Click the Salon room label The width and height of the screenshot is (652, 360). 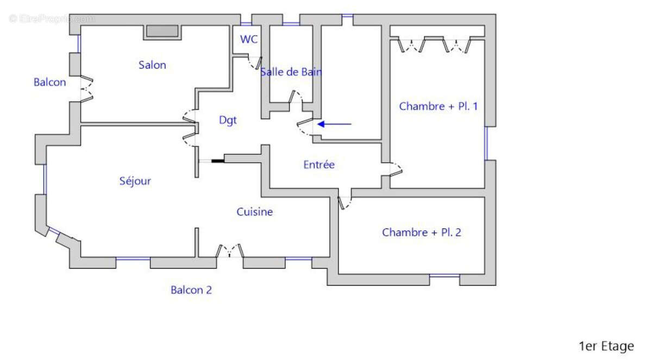pos(152,65)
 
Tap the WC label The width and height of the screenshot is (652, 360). pos(249,40)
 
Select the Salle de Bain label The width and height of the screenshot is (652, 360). pos(291,72)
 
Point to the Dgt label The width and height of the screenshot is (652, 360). pos(228,121)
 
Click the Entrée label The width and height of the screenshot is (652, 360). pos(319,165)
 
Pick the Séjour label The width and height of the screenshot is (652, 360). pos(135,181)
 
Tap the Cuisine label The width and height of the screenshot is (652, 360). pos(254,212)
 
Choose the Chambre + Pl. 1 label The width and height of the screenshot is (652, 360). pos(438,106)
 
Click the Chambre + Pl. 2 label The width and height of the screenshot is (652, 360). pos(422,232)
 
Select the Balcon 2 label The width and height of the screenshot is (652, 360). pos(191,290)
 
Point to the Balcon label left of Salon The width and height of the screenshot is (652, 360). pos(50,83)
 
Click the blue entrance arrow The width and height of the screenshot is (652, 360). pos(334,124)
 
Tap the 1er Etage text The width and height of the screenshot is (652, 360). pos(606,346)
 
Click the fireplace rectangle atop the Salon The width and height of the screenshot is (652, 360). pos(162,31)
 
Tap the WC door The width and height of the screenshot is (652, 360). pos(253,61)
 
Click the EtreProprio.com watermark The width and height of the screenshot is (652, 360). pos(52,18)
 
